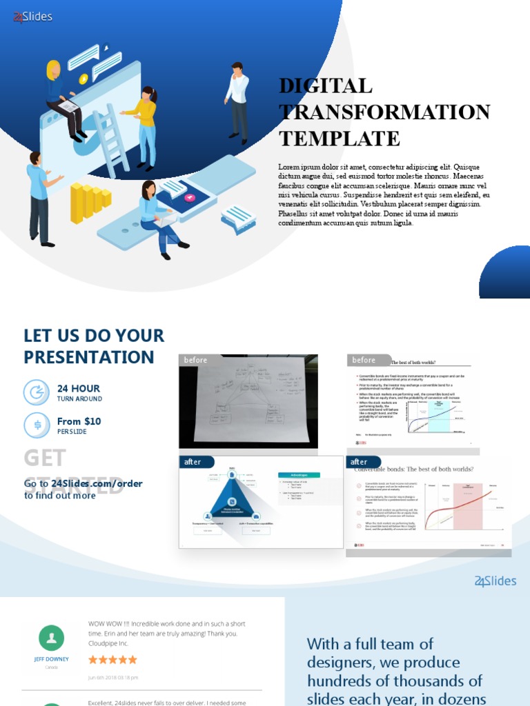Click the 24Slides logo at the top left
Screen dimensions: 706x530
pos(32,17)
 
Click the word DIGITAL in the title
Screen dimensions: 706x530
pos(325,86)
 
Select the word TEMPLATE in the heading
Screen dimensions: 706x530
pos(339,138)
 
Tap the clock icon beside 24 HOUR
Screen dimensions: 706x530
pos(37,392)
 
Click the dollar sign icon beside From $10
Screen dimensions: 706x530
pos(37,425)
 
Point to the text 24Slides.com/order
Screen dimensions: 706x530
pos(97,483)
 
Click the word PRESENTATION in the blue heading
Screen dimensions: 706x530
pos(88,357)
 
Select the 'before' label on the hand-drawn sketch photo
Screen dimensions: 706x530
pos(195,360)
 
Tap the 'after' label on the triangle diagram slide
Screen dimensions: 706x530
pos(193,462)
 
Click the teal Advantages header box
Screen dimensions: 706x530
pos(299,474)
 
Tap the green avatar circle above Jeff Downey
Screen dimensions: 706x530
pos(52,638)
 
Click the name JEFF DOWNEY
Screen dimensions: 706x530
pos(52,659)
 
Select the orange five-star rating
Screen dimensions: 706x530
pos(112,660)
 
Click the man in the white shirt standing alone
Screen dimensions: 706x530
pos(238,102)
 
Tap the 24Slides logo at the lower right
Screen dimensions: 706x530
pos(495,581)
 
